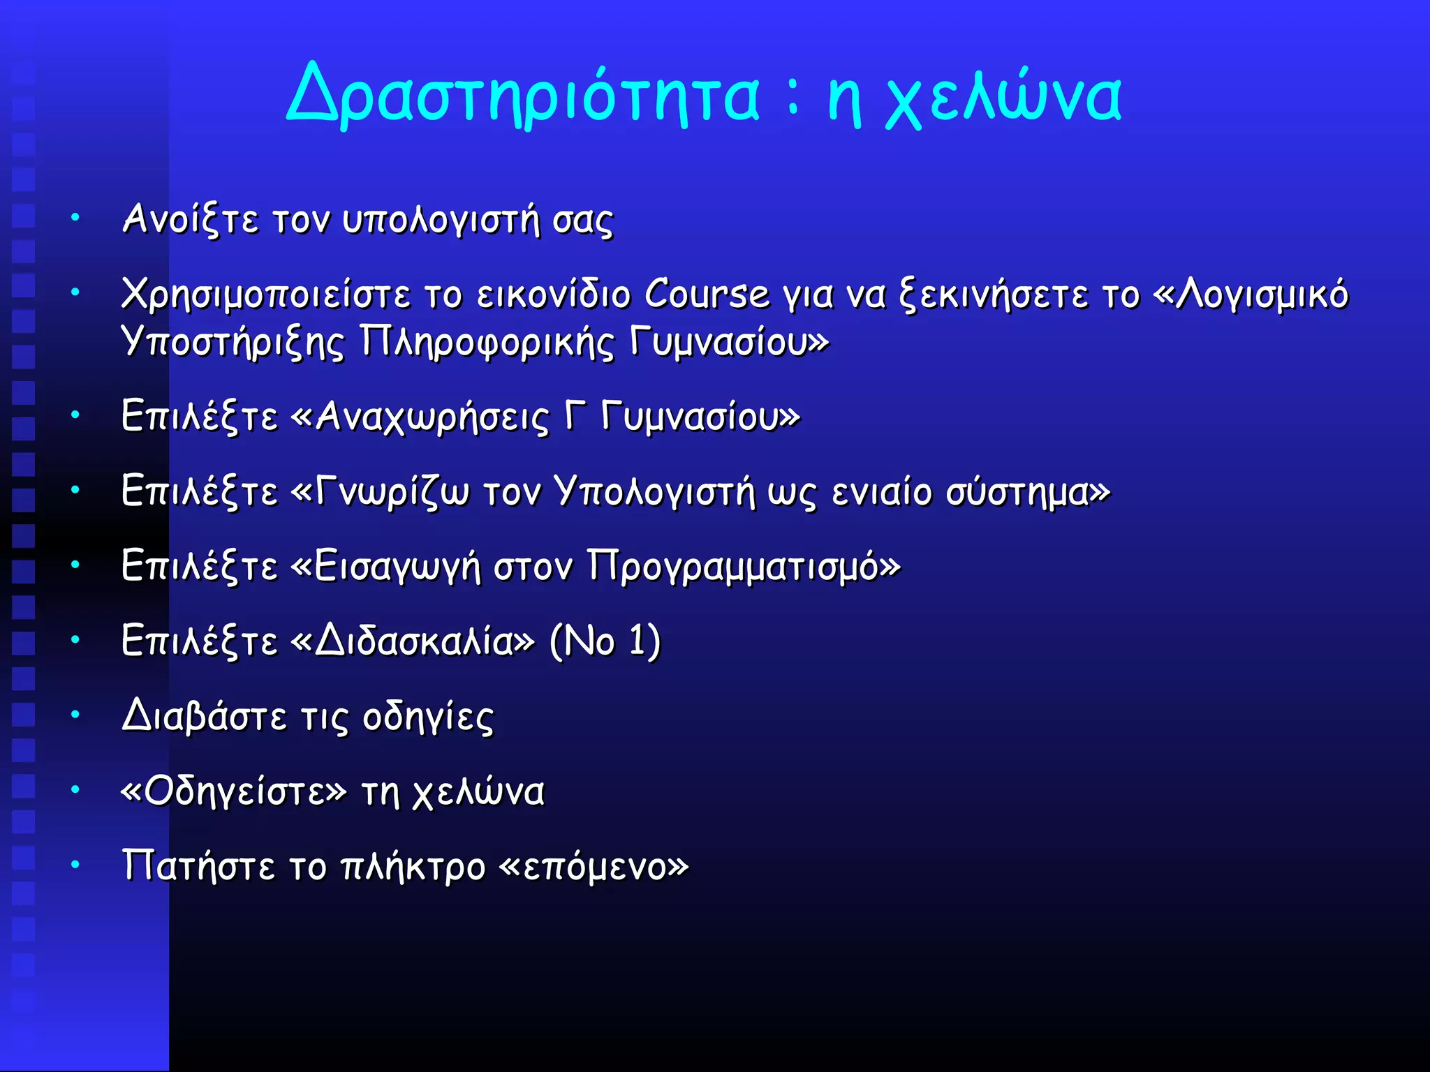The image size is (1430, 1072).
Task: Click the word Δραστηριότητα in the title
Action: pos(522,96)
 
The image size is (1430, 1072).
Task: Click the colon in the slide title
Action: pos(792,98)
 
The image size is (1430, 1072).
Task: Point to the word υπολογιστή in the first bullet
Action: pos(441,220)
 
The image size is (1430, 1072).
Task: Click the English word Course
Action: pos(706,294)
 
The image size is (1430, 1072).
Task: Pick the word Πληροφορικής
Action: pos(487,342)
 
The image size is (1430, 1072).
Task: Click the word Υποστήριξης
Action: pos(233,342)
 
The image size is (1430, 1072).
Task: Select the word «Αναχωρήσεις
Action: pos(420,417)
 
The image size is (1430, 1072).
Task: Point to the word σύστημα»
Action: pos(1027,491)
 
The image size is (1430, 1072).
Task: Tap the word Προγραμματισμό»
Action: pos(744,566)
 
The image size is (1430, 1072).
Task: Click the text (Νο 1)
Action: pos(605,641)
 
